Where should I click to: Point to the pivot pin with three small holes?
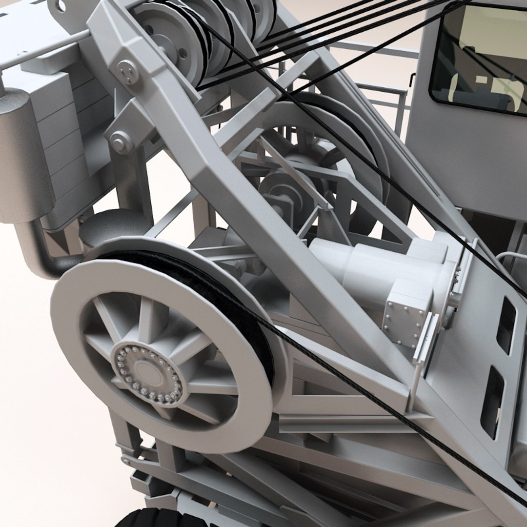click(128, 72)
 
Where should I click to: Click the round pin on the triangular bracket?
click(119, 142)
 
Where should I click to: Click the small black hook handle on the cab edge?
click(413, 78)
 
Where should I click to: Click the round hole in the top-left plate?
click(61, 6)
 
